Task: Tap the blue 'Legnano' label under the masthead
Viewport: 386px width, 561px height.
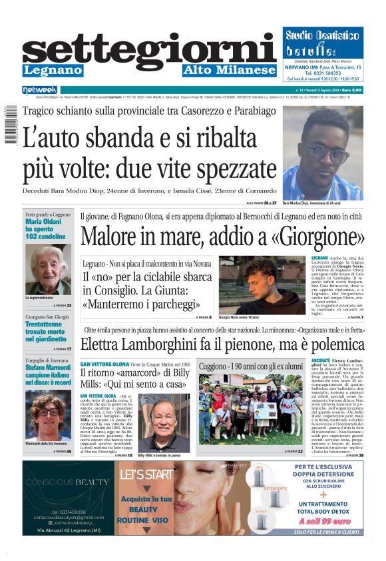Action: [53, 70]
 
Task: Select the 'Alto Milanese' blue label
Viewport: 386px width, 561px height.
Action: [229, 70]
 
